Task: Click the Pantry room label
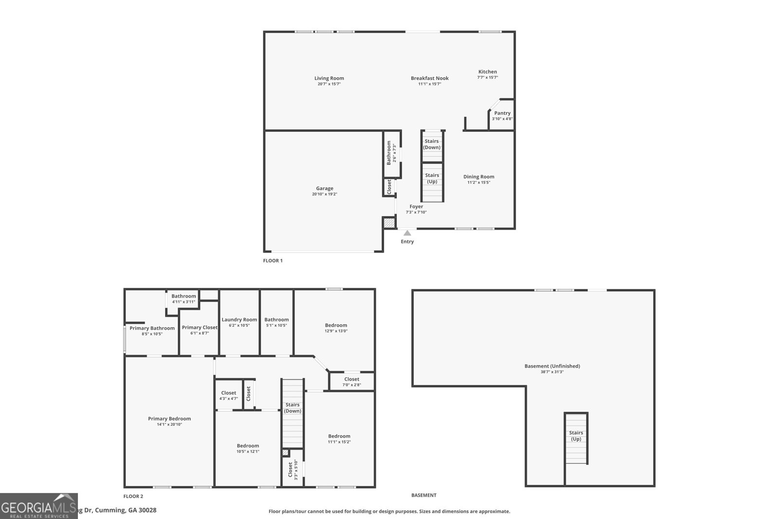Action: (x=502, y=113)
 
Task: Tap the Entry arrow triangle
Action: (x=407, y=233)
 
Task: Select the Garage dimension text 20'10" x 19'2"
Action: (x=324, y=194)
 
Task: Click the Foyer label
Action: (x=416, y=206)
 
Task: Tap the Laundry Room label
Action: (x=239, y=320)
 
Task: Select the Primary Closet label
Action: (x=200, y=327)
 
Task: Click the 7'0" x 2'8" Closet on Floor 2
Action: (x=352, y=381)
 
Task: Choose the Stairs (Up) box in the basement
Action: (x=576, y=436)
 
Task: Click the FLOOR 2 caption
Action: (x=133, y=496)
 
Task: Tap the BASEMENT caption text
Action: (x=424, y=495)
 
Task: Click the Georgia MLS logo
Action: (x=38, y=506)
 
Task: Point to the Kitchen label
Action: (x=487, y=72)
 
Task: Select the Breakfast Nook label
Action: (x=429, y=78)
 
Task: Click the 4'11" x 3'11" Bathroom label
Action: (x=184, y=296)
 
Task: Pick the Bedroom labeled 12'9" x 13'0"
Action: (x=336, y=325)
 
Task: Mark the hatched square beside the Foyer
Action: (x=389, y=223)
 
